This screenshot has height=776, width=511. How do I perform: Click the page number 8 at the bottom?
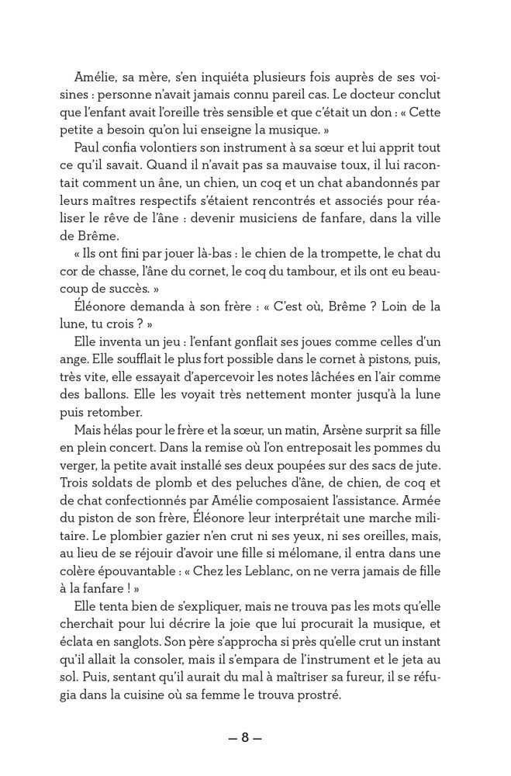pyautogui.click(x=245, y=738)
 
